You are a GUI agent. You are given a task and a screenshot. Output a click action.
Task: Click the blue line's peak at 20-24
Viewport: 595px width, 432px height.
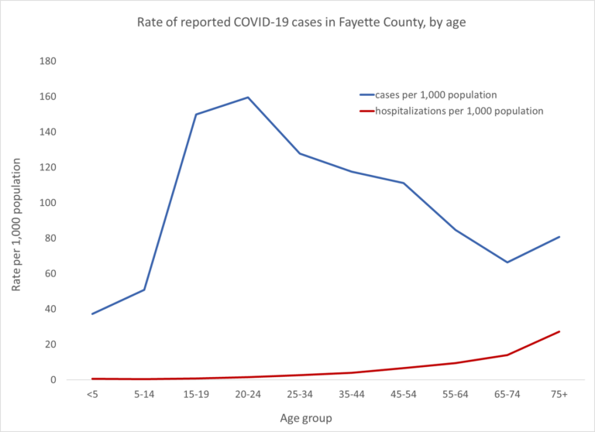click(248, 98)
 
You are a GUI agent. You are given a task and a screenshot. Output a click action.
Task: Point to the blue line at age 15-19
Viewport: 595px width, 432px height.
click(196, 115)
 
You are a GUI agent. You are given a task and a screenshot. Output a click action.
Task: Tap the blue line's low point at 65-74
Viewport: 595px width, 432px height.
click(507, 262)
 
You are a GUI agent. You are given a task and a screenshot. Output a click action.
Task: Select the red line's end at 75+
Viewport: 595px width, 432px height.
click(559, 331)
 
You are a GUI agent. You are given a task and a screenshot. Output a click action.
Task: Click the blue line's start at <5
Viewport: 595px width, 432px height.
click(92, 314)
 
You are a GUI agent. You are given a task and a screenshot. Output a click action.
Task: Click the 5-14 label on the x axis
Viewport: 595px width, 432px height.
click(144, 395)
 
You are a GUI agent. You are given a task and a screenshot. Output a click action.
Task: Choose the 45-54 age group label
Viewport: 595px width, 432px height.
click(404, 395)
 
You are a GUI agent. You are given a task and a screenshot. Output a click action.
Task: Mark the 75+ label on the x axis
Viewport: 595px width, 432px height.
click(559, 395)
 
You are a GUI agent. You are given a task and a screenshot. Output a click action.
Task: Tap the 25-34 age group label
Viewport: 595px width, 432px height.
click(300, 395)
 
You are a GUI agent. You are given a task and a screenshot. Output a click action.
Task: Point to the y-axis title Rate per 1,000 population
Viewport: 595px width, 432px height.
click(16, 221)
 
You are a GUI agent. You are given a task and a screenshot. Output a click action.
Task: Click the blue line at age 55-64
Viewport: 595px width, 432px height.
click(456, 230)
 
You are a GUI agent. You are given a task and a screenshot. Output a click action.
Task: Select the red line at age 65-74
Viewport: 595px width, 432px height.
click(507, 355)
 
